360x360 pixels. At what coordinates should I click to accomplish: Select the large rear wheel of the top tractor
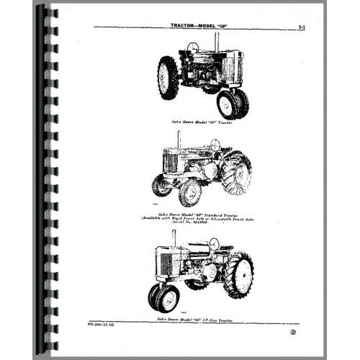click(168, 78)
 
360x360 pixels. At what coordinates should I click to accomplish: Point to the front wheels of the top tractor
click(231, 103)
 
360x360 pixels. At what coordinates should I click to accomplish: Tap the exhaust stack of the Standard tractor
click(179, 138)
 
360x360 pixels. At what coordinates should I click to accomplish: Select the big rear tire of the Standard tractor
click(235, 173)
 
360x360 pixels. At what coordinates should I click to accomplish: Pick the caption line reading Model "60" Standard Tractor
click(211, 212)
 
